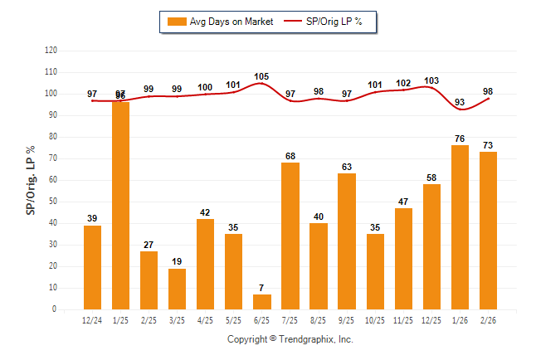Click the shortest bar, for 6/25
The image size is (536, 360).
tap(262, 302)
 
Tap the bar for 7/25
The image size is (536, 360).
tap(290, 236)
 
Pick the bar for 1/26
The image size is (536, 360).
tap(460, 227)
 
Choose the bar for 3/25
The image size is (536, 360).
tap(177, 289)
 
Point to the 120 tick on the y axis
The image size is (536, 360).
tap(51, 51)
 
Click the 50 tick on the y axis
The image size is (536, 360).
tap(53, 202)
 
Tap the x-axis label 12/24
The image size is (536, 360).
tap(92, 320)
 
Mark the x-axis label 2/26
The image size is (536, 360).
tap(488, 320)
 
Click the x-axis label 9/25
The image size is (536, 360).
tap(347, 320)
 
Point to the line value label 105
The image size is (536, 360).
tap(262, 75)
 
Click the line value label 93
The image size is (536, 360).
tap(460, 102)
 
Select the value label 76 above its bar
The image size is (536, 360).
tap(460, 139)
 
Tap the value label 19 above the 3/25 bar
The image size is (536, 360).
tap(177, 261)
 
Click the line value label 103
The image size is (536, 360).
tap(431, 80)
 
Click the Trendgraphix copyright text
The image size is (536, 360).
tap(290, 339)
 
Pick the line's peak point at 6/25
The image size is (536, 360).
tap(262, 83)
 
